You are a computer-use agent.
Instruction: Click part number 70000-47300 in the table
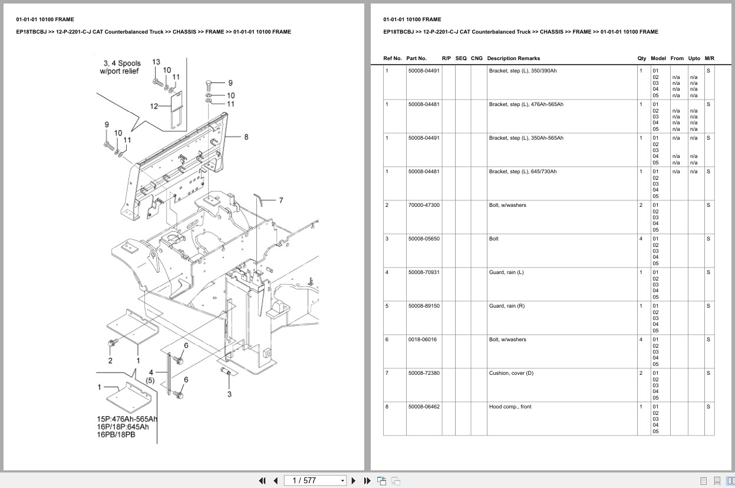tap(424, 205)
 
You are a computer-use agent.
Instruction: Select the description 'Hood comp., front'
tap(510, 407)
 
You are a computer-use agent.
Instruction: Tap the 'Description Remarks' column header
tap(513, 58)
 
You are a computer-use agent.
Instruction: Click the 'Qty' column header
tap(641, 58)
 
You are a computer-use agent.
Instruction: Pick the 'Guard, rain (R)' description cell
tap(506, 306)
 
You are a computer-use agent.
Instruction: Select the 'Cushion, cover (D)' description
tap(511, 373)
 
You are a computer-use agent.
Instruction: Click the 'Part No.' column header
tap(416, 58)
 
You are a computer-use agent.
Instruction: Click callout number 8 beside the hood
tap(246, 137)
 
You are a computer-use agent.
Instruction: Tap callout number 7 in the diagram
tap(281, 200)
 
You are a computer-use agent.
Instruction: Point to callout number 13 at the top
tap(156, 62)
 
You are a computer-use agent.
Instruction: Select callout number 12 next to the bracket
tap(154, 107)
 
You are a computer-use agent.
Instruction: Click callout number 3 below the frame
tap(229, 394)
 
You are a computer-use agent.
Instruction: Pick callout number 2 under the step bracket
tap(110, 360)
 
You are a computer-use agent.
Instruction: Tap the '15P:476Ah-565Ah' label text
tap(127, 419)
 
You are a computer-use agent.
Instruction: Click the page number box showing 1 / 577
tap(315, 480)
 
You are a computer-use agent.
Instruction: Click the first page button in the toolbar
tap(262, 480)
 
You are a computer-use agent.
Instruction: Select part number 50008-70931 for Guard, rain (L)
tap(424, 272)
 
